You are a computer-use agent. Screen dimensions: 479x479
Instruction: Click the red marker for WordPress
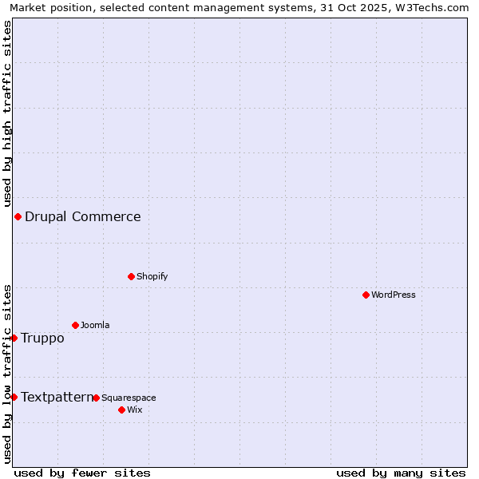(x=366, y=295)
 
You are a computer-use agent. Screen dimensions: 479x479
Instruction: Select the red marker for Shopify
(x=131, y=276)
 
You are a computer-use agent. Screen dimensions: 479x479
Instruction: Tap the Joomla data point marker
(x=75, y=325)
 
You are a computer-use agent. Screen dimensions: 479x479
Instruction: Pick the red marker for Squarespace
(x=96, y=398)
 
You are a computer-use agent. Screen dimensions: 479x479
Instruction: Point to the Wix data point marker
(x=121, y=410)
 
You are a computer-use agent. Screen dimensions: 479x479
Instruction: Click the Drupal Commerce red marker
(x=18, y=216)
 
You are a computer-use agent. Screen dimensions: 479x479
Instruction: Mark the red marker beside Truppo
(x=14, y=338)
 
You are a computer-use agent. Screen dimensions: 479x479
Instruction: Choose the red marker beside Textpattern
(x=14, y=397)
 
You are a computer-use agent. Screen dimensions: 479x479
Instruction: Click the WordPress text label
(x=394, y=295)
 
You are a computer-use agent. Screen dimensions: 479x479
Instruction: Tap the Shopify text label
(x=152, y=276)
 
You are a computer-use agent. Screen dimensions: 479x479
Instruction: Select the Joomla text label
(x=95, y=325)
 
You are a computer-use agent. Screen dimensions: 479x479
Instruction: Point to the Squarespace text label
(x=129, y=398)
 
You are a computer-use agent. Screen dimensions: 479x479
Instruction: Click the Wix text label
(x=134, y=410)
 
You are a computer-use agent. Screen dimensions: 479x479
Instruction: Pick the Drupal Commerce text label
(x=83, y=216)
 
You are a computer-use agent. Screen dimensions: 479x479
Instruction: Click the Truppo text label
(x=42, y=338)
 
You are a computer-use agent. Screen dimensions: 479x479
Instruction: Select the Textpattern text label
(x=57, y=397)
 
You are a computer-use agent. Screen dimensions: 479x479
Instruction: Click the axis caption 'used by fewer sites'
(x=82, y=473)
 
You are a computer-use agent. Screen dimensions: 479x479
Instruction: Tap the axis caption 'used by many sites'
(x=401, y=473)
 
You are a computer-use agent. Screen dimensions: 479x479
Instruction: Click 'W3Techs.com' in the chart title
(x=433, y=7)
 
